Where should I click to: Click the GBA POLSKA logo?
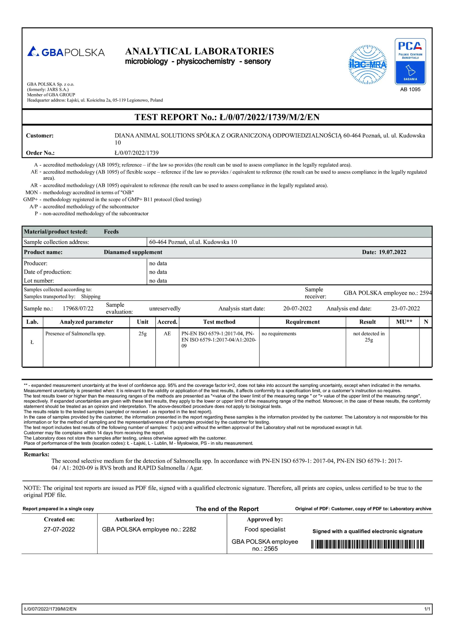(66, 52)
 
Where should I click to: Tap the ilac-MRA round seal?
(367, 65)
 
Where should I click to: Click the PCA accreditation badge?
(410, 61)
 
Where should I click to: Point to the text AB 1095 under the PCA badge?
(410, 90)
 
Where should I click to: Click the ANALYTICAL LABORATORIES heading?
(199, 51)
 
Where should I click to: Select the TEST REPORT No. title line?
(227, 117)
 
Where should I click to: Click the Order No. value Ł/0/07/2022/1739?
(137, 153)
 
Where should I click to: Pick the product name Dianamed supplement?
(133, 252)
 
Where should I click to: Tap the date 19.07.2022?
(392, 252)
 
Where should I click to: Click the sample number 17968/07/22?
(78, 308)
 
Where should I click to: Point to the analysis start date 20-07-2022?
(297, 308)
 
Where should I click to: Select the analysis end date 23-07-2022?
(405, 308)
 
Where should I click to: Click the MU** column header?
(404, 322)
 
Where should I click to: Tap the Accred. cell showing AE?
(167, 334)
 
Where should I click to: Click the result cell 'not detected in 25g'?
(369, 337)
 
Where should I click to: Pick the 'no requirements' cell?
(279, 334)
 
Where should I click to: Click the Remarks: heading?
(36, 454)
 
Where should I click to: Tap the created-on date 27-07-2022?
(59, 529)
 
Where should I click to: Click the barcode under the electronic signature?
(367, 544)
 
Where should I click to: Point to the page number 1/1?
(427, 609)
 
